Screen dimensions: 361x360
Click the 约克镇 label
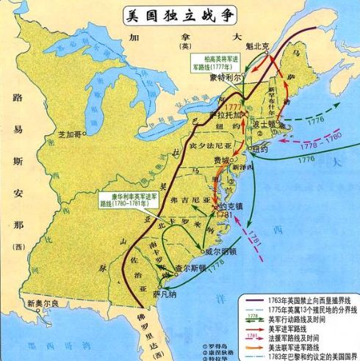coord(234,208)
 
